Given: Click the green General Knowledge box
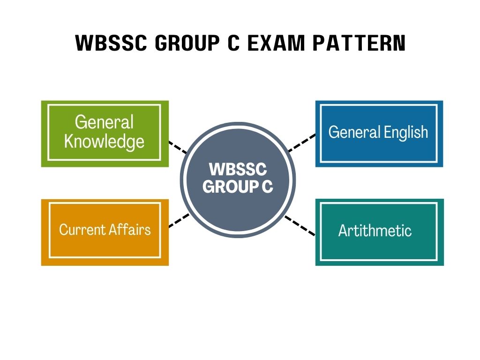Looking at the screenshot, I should pos(105,134).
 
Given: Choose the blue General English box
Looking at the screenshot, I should pos(379,134).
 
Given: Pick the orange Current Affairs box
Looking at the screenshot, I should pos(105,232).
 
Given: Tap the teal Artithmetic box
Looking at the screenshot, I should pos(379,232).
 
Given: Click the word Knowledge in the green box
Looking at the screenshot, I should pos(105,141).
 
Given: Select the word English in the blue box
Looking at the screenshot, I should pos(406,132).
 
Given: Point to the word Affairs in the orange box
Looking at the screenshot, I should pos(130,230).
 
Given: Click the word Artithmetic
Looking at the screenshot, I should pos(375,231).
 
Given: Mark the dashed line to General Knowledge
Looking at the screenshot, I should pos(177,147).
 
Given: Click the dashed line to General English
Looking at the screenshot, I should pos(302,143).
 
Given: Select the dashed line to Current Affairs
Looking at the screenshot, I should pos(179,220).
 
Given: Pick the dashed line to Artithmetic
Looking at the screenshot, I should pos(300,225).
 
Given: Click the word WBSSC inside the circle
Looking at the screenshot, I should pos(237,170).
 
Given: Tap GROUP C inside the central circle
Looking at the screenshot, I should pos(237,187).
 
